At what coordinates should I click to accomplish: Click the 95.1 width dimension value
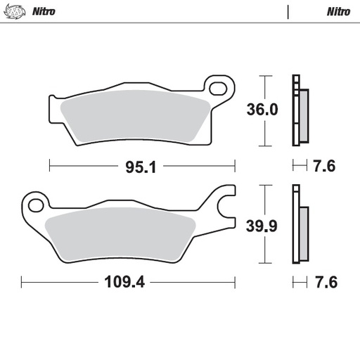(x=140, y=167)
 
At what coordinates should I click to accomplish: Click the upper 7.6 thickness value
(x=325, y=167)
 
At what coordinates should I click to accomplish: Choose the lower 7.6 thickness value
(x=325, y=283)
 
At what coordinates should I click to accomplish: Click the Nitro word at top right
(x=338, y=11)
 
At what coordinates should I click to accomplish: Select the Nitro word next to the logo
(x=44, y=11)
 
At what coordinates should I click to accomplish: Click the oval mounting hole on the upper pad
(x=222, y=89)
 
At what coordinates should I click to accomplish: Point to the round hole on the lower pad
(x=34, y=205)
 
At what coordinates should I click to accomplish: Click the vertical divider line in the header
(x=288, y=11)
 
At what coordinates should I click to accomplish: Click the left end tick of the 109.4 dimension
(x=22, y=283)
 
